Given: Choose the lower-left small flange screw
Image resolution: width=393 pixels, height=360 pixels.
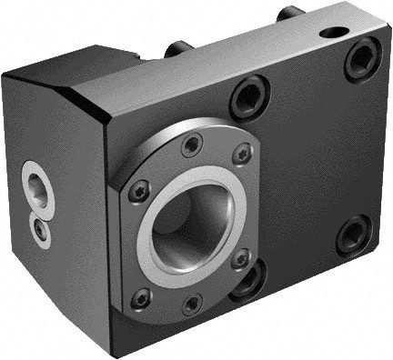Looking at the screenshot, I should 141,296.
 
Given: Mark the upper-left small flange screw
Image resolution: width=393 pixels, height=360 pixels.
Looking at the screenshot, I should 138,192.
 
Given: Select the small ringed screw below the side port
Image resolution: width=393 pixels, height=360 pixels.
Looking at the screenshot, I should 41,230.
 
